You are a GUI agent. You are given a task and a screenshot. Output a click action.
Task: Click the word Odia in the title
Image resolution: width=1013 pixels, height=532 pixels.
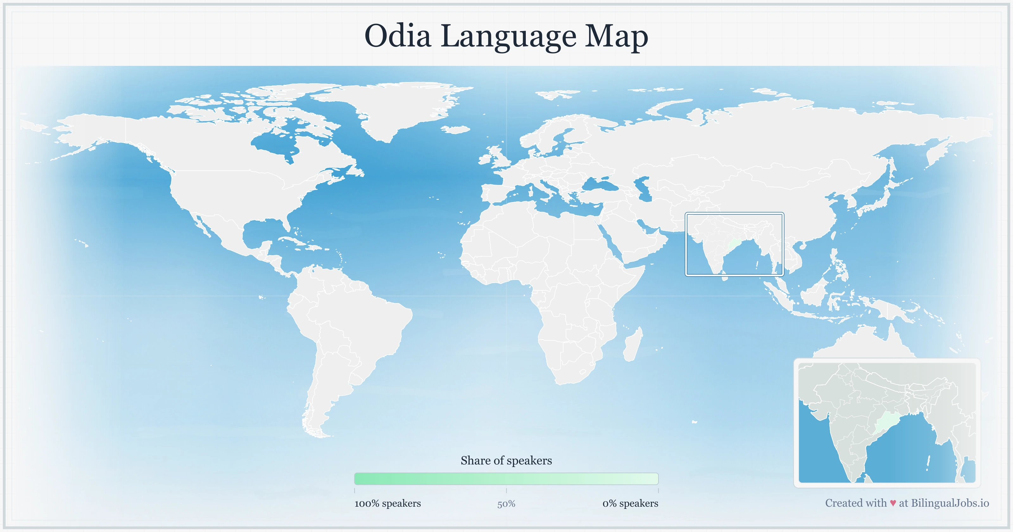[398, 36]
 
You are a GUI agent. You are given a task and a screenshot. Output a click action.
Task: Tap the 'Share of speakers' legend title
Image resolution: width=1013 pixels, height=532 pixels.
[506, 460]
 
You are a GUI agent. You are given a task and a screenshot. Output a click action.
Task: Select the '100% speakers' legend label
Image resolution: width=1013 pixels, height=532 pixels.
[387, 503]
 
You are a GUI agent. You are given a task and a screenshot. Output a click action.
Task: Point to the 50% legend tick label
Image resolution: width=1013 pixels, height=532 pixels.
[506, 504]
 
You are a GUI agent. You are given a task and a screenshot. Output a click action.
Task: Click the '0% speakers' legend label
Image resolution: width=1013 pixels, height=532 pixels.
[630, 503]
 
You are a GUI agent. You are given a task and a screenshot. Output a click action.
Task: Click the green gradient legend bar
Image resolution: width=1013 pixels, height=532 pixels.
[506, 479]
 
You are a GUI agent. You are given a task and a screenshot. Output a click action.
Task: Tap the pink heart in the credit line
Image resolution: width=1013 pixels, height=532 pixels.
[893, 503]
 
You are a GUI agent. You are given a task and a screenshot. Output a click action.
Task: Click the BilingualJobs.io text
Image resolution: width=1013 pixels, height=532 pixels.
[950, 503]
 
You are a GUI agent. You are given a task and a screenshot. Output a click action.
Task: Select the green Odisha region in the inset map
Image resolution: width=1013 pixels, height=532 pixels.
[887, 425]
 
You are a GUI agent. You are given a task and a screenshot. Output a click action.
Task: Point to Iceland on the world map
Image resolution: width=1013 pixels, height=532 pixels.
[456, 130]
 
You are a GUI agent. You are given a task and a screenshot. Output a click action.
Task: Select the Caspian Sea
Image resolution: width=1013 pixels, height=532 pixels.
[643, 189]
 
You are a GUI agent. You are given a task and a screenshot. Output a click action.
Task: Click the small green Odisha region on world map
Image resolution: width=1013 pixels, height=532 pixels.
[733, 244]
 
